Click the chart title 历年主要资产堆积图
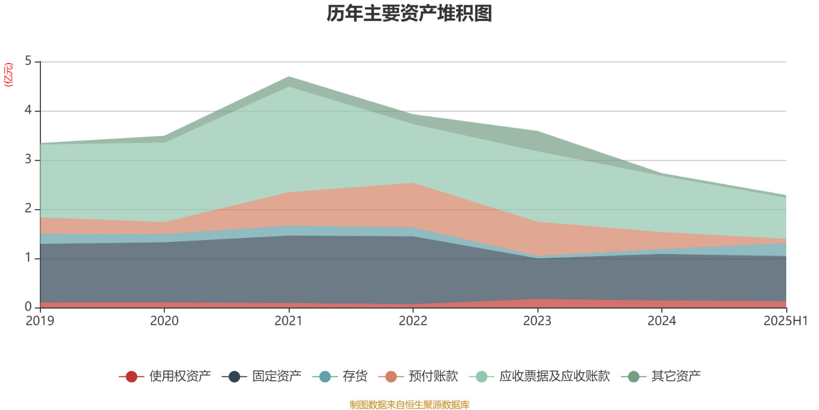[409, 14]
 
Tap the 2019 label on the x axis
[40, 321]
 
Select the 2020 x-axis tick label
[164, 321]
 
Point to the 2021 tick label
[289, 321]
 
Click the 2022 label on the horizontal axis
[413, 321]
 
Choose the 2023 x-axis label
[537, 321]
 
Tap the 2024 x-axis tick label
[662, 321]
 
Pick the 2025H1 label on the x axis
[785, 321]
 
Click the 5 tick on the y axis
[28, 61]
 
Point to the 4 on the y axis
[28, 111]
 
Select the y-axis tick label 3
[28, 160]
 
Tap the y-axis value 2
[28, 209]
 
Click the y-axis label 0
[28, 307]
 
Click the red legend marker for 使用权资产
[132, 377]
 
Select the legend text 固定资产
[277, 376]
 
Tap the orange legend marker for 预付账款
[391, 377]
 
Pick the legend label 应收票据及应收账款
[554, 376]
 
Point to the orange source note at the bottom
[409, 405]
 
